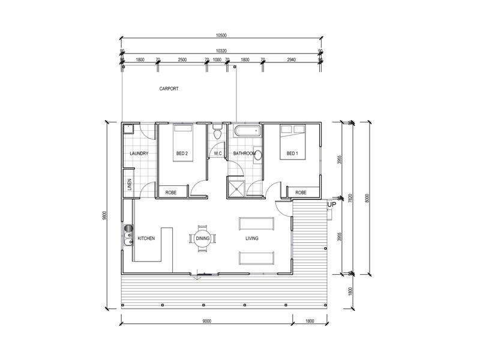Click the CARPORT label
[169, 89]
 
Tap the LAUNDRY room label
[139, 154]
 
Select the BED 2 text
[182, 154]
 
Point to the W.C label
[218, 154]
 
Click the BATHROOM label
[244, 154]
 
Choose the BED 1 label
[292, 154]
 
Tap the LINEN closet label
[129, 185]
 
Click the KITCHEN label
[146, 238]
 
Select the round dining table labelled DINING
[202, 238]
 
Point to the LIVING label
[252, 238]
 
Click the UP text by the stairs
[331, 205]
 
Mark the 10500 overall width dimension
[220, 35]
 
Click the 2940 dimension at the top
[291, 60]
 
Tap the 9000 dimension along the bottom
[207, 321]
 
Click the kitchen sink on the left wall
[128, 235]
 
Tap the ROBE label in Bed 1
[301, 193]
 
